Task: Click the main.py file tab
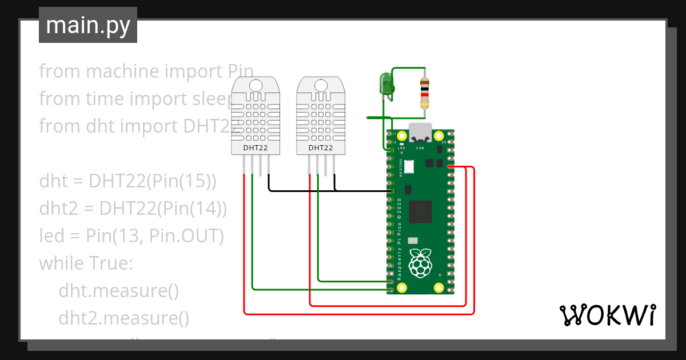tap(87, 25)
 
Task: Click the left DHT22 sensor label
tap(255, 148)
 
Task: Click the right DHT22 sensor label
tap(321, 148)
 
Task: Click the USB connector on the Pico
tap(420, 133)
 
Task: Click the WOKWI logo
tap(607, 315)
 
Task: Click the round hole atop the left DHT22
tap(256, 86)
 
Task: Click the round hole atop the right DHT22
tap(321, 86)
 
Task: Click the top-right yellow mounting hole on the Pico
tap(438, 137)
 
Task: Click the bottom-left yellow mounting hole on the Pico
tap(402, 288)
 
